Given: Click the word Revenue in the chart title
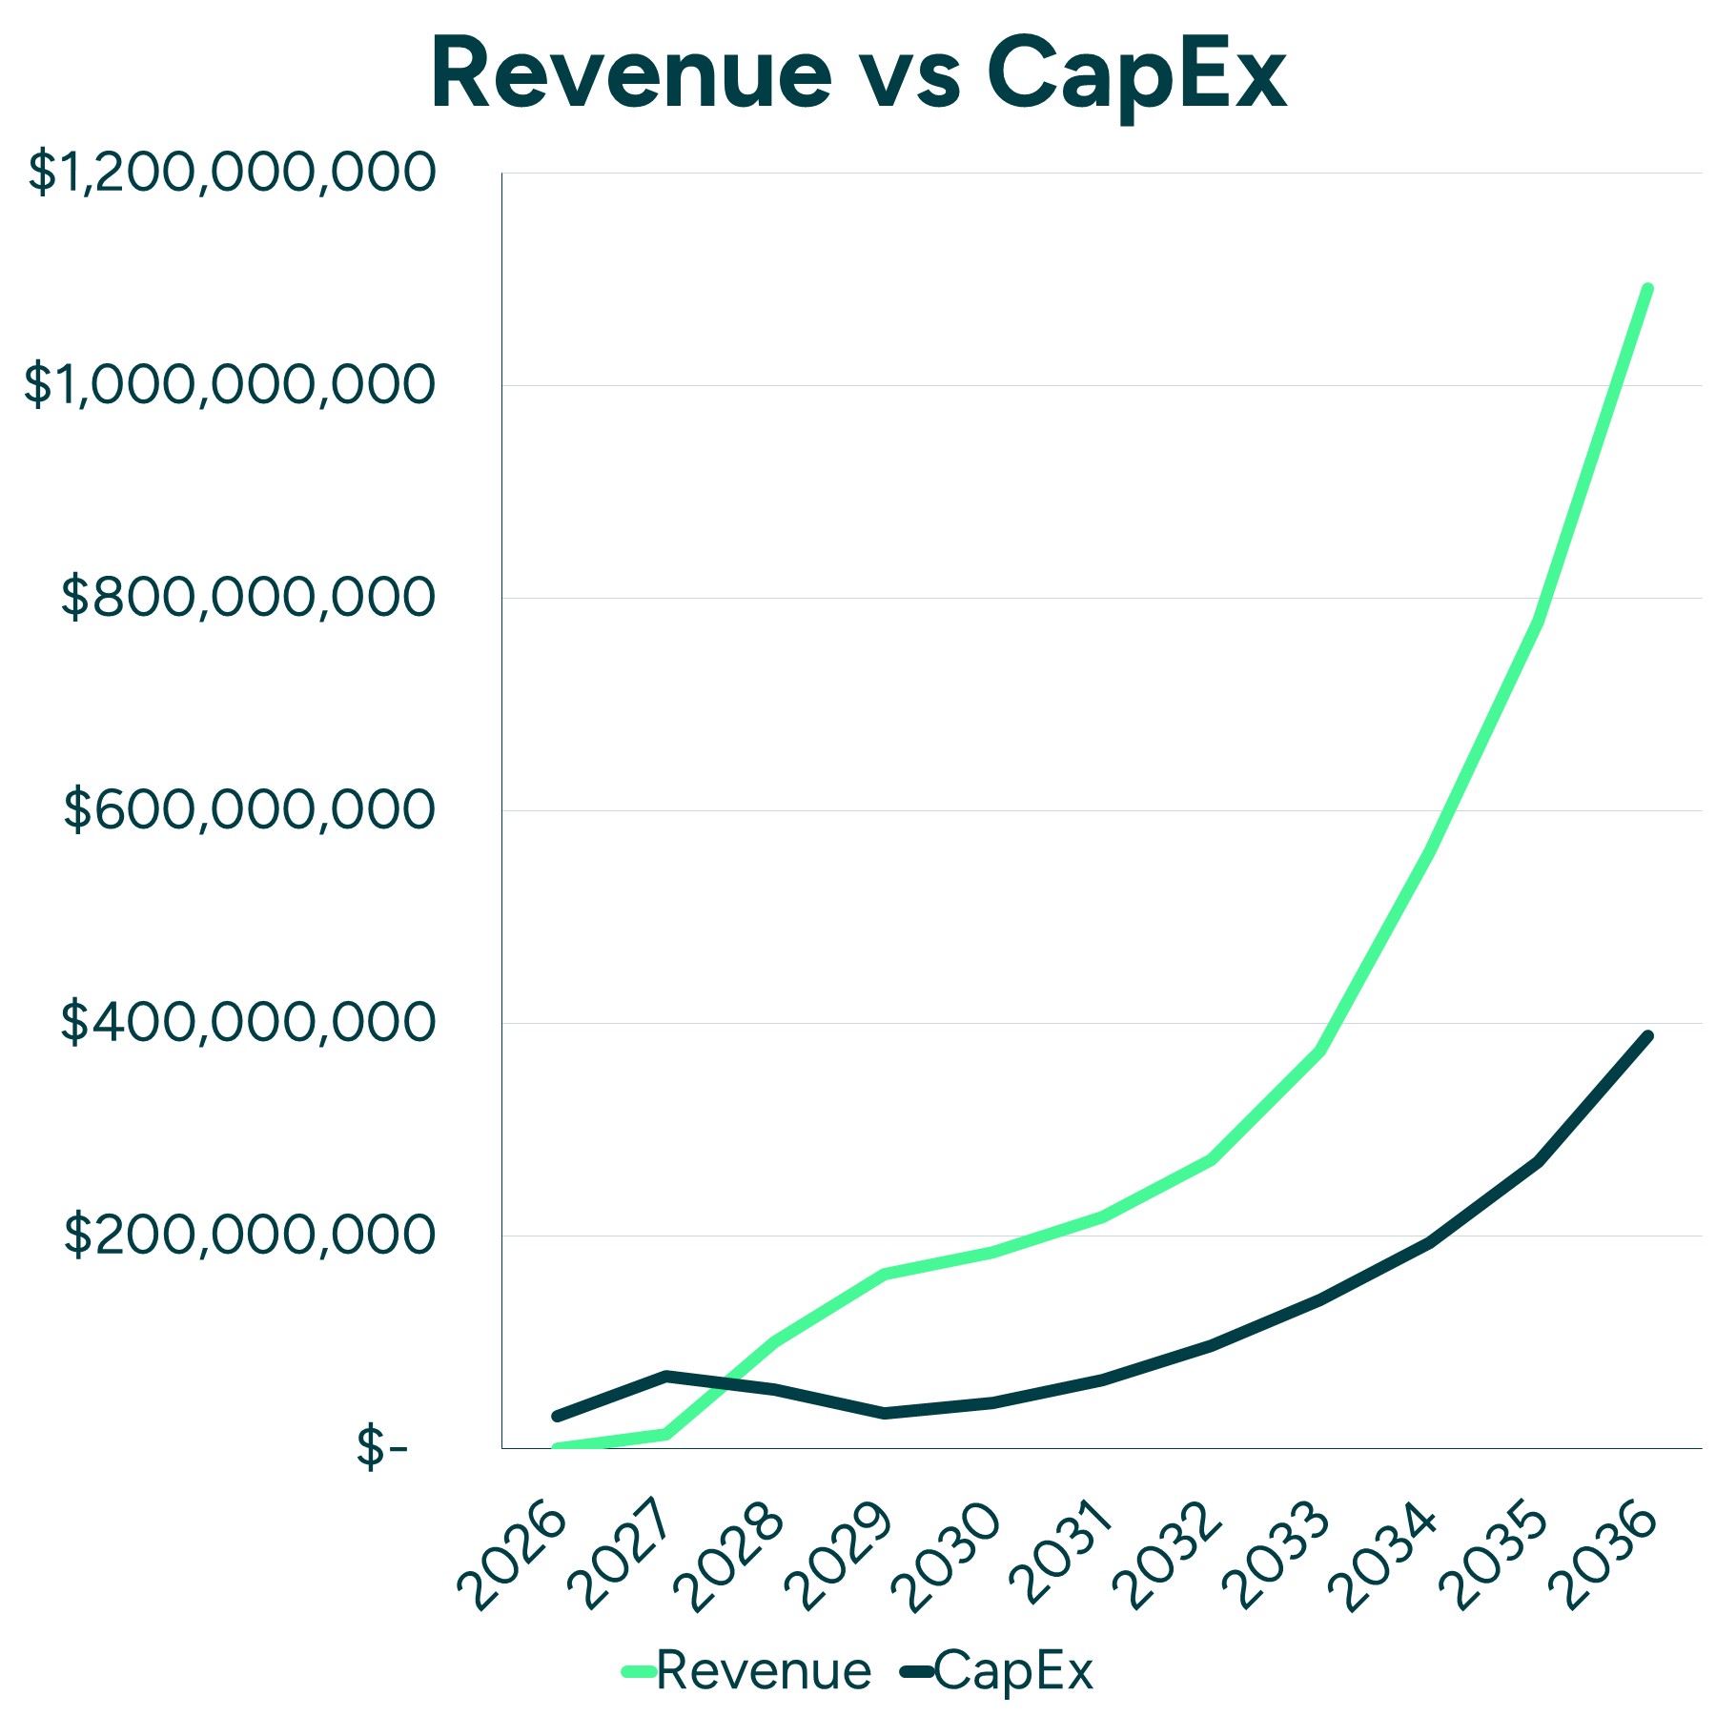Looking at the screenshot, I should [632, 74].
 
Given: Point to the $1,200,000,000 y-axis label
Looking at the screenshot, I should [232, 174].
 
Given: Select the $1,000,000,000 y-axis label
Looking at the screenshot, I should [229, 385].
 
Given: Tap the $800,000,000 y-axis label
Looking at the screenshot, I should [248, 598].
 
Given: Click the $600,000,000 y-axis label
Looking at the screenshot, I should [248, 810].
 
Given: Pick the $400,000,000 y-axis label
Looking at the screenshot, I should [248, 1023].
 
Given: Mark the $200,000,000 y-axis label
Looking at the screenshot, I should [248, 1236].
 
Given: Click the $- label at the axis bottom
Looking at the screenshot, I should [381, 1449].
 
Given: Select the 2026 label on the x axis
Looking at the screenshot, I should [513, 1555].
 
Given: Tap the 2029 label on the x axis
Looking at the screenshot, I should [840, 1555].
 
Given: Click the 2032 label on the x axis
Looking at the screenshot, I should [1168, 1555].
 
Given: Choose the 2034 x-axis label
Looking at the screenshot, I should [1384, 1555].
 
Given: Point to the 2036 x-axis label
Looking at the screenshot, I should [1604, 1555].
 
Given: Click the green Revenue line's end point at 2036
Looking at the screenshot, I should [1647, 288].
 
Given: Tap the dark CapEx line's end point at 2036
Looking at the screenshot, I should [1647, 1036].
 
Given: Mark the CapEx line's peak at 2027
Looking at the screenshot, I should [666, 1376].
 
